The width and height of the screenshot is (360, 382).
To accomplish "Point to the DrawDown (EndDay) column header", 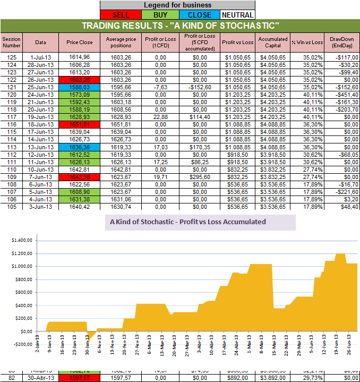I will (x=342, y=42).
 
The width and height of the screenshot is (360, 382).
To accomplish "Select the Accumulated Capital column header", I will (x=272, y=42).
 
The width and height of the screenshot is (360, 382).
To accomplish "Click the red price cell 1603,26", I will (x=80, y=79).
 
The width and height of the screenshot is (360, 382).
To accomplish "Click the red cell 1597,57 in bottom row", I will (x=80, y=377).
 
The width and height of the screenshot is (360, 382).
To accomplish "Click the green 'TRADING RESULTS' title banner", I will (x=180, y=26).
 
